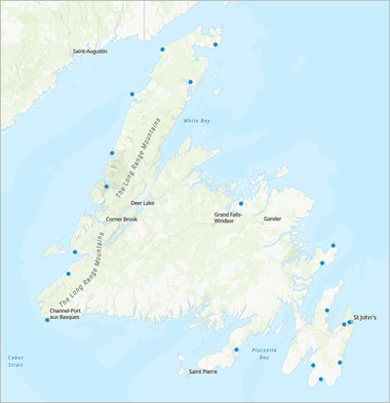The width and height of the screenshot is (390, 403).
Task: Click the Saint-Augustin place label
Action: click(90, 51)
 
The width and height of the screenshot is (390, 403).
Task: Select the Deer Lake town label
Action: click(142, 203)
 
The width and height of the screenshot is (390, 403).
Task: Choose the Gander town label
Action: click(272, 219)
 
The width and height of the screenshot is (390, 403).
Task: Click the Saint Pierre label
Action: click(203, 372)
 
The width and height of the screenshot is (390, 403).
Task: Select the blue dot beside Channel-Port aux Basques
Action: click(47, 319)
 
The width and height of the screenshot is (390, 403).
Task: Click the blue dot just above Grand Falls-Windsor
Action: click(241, 204)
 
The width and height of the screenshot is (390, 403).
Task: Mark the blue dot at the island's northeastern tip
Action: click(215, 44)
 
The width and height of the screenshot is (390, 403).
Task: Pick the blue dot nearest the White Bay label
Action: click(190, 82)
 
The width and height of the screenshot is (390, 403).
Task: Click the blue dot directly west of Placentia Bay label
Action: click(236, 349)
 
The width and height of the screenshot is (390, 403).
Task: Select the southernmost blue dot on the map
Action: click(321, 379)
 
